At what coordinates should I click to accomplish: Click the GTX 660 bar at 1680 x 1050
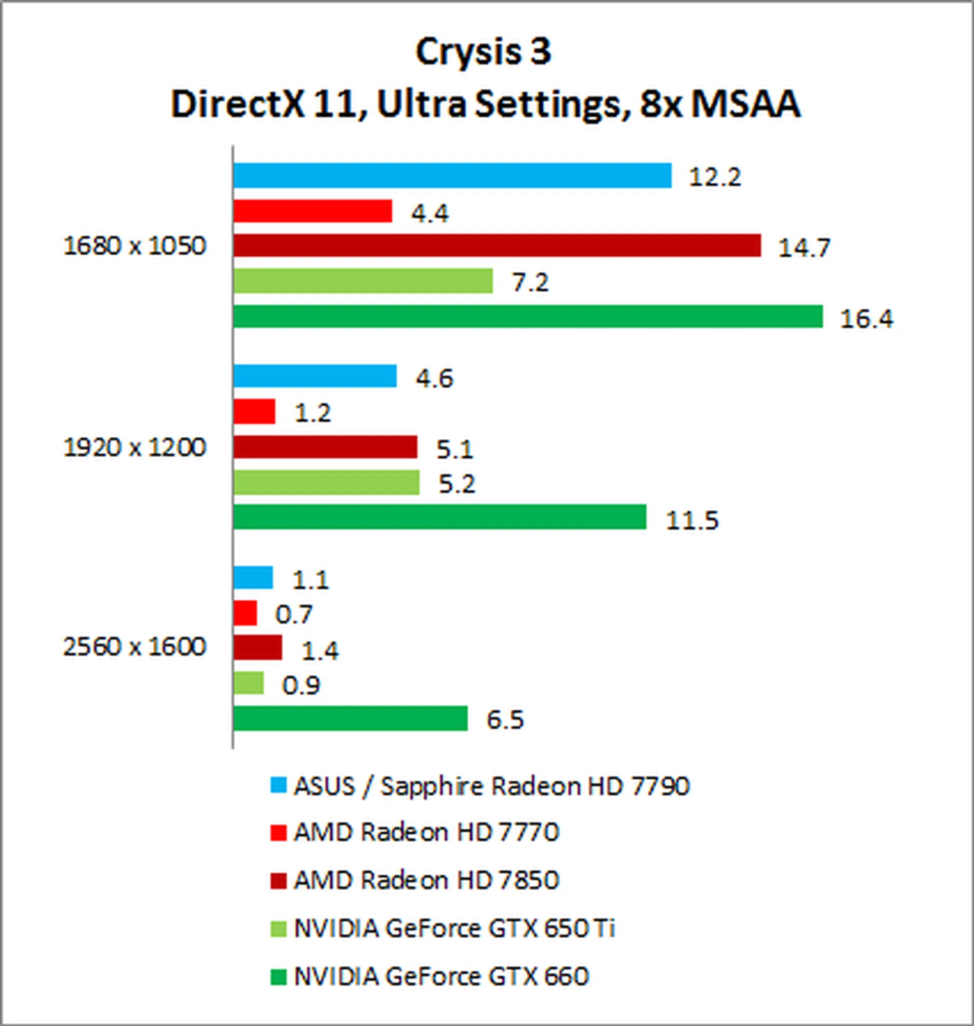pyautogui.click(x=528, y=316)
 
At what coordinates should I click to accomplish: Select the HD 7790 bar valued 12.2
pyautogui.click(x=451, y=175)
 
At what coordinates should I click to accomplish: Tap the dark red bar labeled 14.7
pyautogui.click(x=497, y=246)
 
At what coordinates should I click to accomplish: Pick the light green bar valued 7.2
pyautogui.click(x=362, y=281)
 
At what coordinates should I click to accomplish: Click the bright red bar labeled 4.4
pyautogui.click(x=312, y=211)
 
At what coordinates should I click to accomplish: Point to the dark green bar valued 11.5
pyautogui.click(x=439, y=517)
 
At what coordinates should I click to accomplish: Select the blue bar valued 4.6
pyautogui.click(x=315, y=376)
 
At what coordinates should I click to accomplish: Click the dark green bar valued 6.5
pyautogui.click(x=350, y=719)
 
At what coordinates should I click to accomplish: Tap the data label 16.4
pyautogui.click(x=866, y=319)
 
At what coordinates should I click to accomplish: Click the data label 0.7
pyautogui.click(x=293, y=615)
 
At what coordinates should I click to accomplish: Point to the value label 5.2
pyautogui.click(x=457, y=485)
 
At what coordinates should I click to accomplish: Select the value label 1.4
pyautogui.click(x=320, y=651)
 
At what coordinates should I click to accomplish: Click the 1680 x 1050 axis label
pyautogui.click(x=134, y=246)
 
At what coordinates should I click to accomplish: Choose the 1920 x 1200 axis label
pyautogui.click(x=134, y=447)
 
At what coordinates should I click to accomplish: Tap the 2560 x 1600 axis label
pyautogui.click(x=134, y=647)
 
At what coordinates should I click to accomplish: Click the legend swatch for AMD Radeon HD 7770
pyautogui.click(x=279, y=833)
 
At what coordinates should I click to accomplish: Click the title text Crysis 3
pyautogui.click(x=483, y=52)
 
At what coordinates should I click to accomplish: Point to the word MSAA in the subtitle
pyautogui.click(x=746, y=105)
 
